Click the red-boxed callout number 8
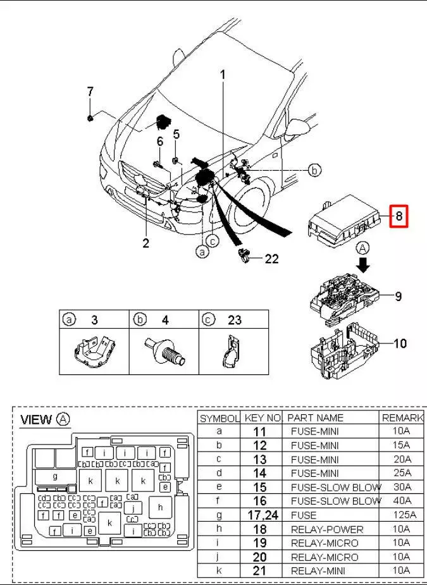click(399, 217)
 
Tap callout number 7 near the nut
click(90, 92)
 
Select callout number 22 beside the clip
click(271, 258)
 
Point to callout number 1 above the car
click(223, 75)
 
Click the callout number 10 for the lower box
click(400, 344)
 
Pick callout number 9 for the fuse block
click(399, 296)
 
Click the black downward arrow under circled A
click(363, 262)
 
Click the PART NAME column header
click(315, 418)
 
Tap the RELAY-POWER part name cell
click(326, 529)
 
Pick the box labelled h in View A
click(161, 507)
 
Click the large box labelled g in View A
click(56, 476)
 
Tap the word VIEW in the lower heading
click(36, 419)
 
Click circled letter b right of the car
click(314, 169)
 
